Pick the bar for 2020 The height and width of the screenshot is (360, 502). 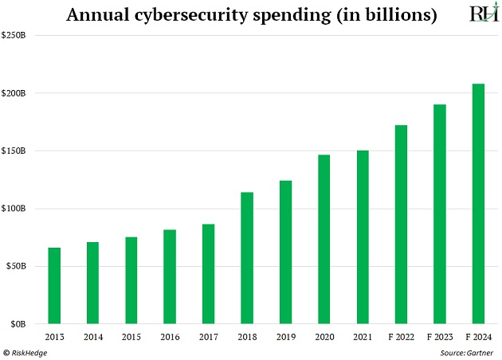(x=324, y=239)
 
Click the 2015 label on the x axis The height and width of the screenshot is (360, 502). (x=131, y=337)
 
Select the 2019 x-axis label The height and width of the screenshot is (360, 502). (x=285, y=337)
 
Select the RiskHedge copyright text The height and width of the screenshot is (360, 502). (x=26, y=351)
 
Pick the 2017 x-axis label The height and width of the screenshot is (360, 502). (x=209, y=337)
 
